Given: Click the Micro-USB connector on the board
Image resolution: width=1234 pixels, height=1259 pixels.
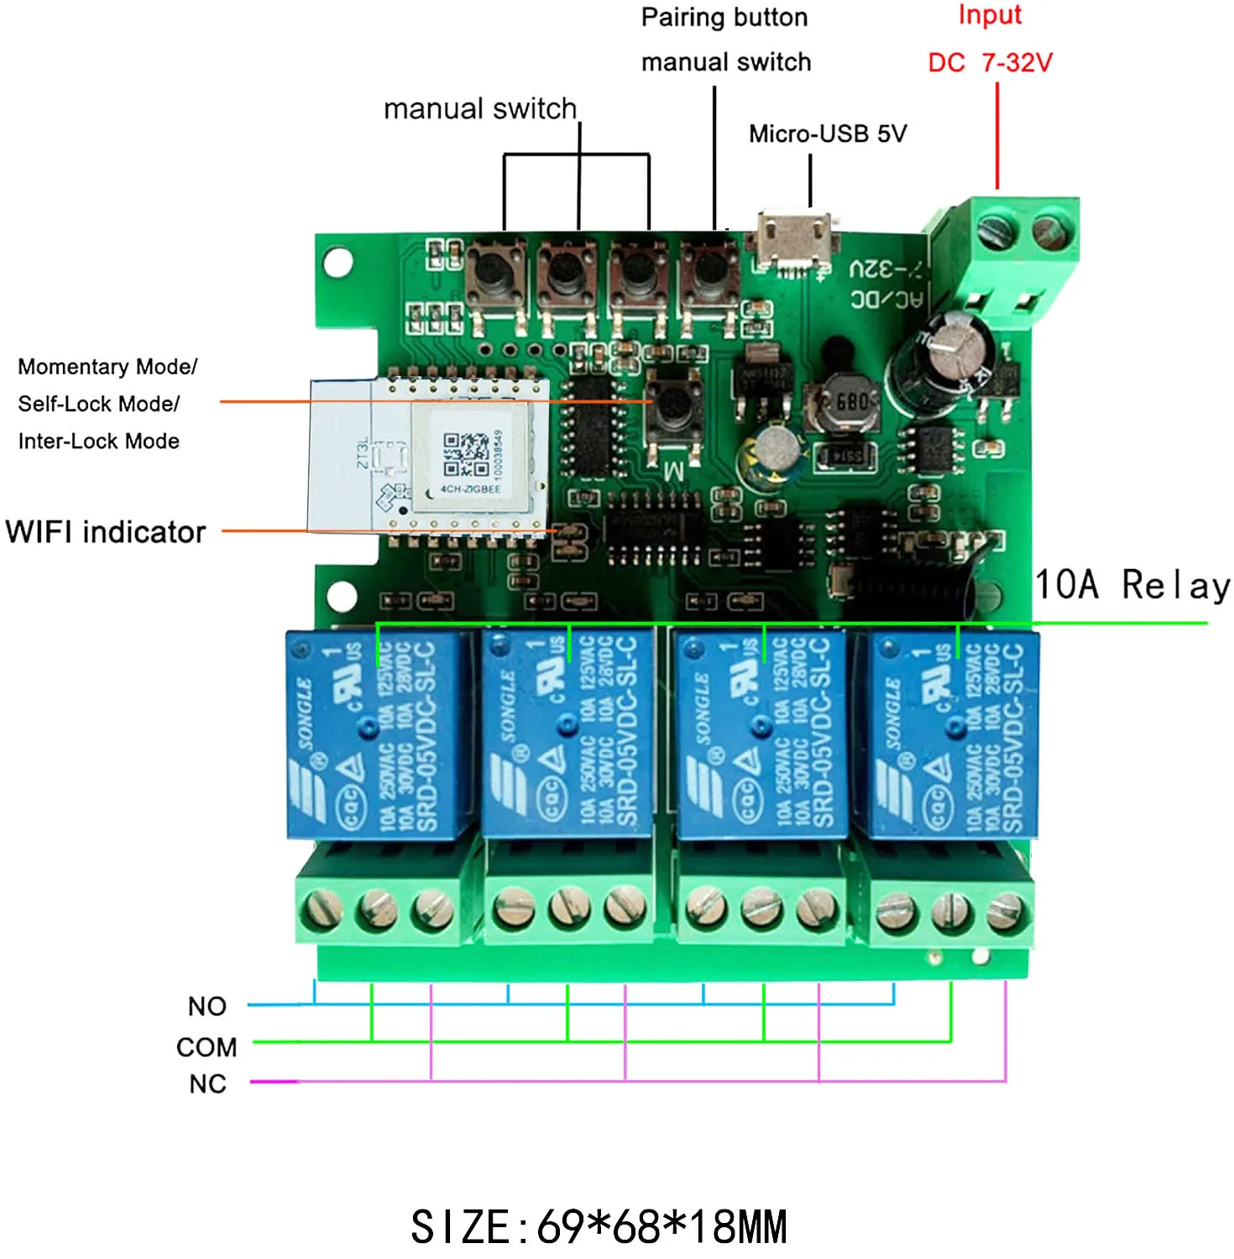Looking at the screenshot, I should pyautogui.click(x=794, y=238).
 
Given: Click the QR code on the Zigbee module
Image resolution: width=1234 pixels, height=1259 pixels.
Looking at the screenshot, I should pyautogui.click(x=467, y=454).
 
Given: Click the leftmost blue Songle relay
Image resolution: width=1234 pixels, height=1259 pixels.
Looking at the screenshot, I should pyautogui.click(x=377, y=734).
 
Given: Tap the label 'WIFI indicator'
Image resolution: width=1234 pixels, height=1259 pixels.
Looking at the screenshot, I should pyautogui.click(x=106, y=532).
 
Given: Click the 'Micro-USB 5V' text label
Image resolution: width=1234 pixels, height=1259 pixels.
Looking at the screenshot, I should pyautogui.click(x=828, y=134).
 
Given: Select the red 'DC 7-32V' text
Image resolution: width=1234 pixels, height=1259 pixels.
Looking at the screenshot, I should pyautogui.click(x=990, y=63).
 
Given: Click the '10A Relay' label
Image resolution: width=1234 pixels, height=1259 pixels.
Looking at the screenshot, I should pyautogui.click(x=1132, y=585).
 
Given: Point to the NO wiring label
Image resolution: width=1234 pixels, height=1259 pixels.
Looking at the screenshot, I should pyautogui.click(x=207, y=1006).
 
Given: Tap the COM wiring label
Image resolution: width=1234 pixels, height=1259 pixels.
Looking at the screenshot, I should pyautogui.click(x=207, y=1047).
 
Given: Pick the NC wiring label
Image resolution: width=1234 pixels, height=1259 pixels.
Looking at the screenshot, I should pyautogui.click(x=207, y=1084).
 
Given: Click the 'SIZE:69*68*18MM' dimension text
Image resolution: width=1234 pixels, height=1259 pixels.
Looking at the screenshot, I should pyautogui.click(x=599, y=1227).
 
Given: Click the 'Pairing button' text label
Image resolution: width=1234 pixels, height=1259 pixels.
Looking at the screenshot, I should pyautogui.click(x=724, y=18).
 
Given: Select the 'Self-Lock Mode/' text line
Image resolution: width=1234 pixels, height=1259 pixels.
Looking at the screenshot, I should pyautogui.click(x=99, y=404).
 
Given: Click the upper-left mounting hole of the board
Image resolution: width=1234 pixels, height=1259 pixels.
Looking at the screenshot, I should pyautogui.click(x=337, y=262).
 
